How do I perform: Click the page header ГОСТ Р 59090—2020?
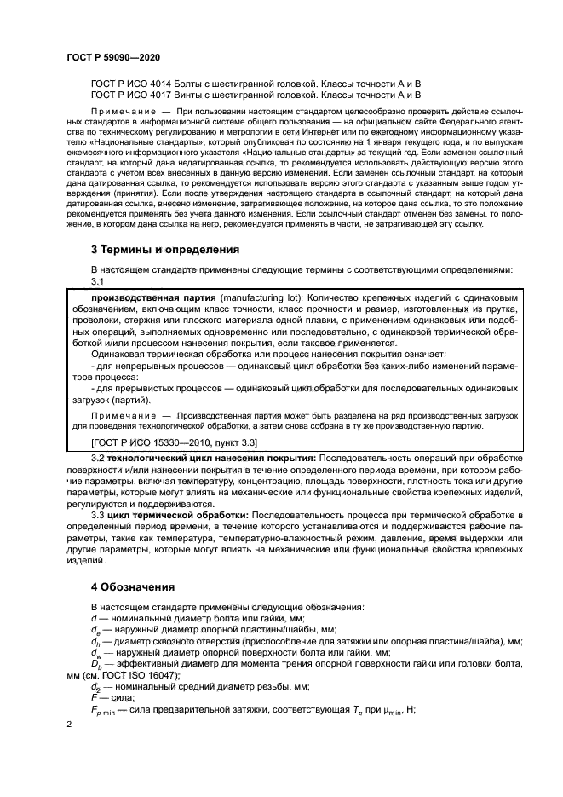(x=112, y=57)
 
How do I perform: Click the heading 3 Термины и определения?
(x=165, y=251)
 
